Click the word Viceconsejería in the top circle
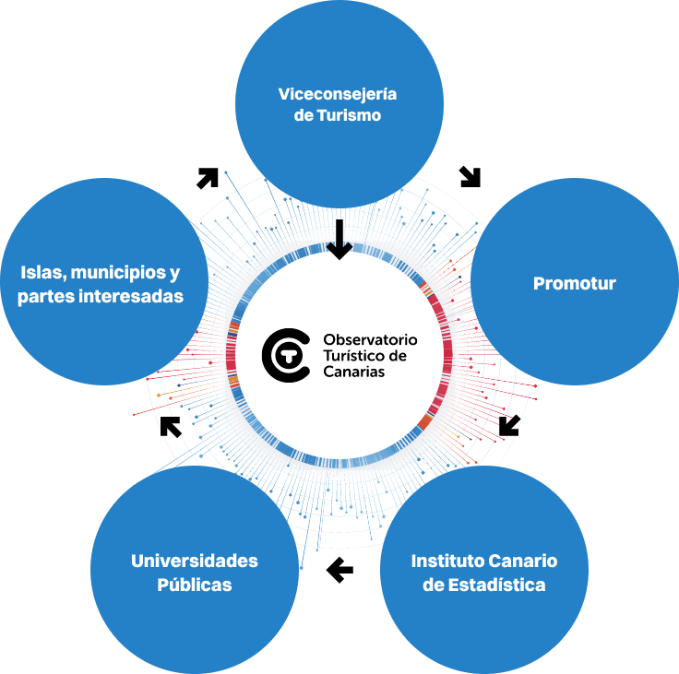coord(338,94)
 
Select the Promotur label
coord(574,283)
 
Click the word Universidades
coord(195,561)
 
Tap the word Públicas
coord(195,585)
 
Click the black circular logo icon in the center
coord(285,354)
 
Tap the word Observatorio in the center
coord(371,338)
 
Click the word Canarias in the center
coord(354,371)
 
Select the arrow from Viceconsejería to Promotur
coord(471,176)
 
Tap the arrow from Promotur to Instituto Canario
coord(509,425)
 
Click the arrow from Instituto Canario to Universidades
coord(340,570)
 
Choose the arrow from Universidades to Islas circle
coord(171,426)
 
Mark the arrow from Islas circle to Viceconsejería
coord(208,178)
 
